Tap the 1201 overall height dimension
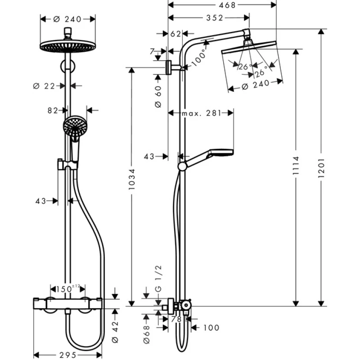click(321, 171)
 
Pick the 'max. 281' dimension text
click(201, 113)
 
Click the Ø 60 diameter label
click(157, 96)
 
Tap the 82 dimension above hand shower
click(54, 110)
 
